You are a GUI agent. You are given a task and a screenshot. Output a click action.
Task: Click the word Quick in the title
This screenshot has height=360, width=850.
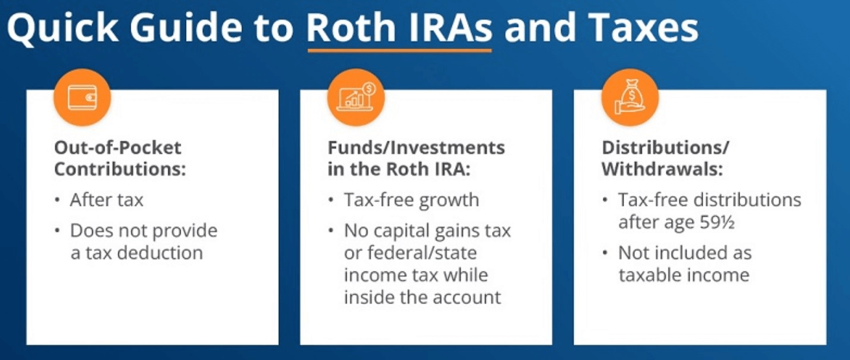63,27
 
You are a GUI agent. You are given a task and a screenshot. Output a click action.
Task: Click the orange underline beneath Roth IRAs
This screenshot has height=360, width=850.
399,50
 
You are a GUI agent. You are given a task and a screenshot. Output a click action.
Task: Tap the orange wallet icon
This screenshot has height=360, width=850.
83,97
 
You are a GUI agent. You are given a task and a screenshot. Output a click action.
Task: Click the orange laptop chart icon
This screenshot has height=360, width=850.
356,97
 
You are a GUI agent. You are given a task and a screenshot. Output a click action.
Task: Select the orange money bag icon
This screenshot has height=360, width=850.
630,97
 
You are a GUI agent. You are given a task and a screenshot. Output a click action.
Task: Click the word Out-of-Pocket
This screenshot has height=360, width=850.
118,147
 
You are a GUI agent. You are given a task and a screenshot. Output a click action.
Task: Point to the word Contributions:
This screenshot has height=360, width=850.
120,169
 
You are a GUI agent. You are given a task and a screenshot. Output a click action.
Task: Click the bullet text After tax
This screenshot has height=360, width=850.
106,200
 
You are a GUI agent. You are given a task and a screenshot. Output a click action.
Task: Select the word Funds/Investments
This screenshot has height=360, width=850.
416,147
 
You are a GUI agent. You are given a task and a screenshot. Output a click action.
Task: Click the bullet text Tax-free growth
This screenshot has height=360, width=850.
412,200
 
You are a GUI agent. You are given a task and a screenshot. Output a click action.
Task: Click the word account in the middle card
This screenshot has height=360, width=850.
467,298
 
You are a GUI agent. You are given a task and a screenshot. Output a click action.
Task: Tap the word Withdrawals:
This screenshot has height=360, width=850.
662,169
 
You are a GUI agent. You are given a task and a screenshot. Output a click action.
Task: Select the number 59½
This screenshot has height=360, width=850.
717,222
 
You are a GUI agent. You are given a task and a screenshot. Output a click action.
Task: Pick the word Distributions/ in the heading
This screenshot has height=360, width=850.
665,147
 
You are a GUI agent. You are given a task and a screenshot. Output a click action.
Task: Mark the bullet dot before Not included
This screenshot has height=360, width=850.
605,252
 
